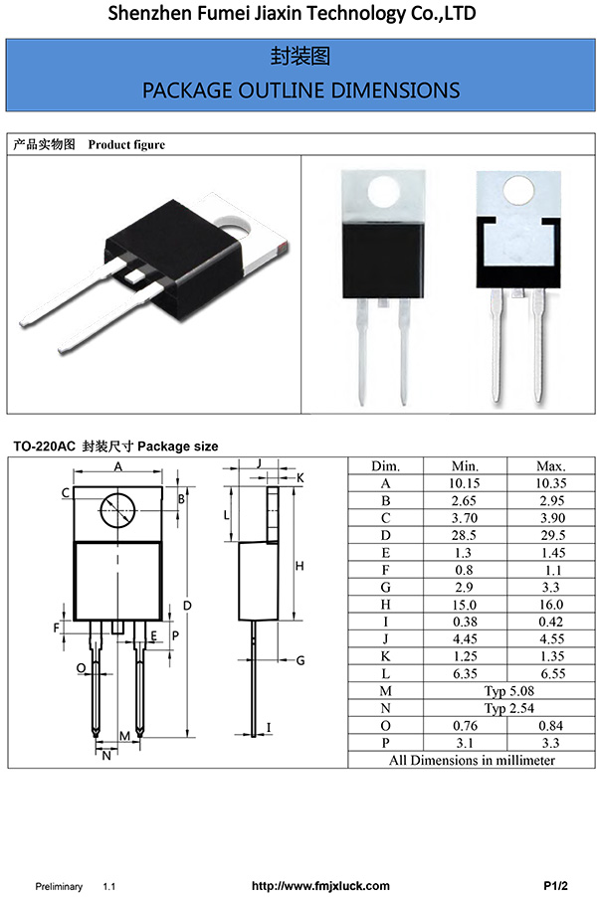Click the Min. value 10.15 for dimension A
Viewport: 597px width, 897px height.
coord(465,483)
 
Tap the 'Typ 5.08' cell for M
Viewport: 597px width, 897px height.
coord(508,690)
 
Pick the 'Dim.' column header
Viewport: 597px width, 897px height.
coord(385,466)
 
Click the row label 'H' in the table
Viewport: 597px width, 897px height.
coord(385,604)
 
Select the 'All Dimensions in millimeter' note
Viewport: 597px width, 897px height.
coord(472,760)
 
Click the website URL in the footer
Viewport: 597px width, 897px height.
coord(320,885)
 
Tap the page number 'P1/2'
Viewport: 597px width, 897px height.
coord(555,885)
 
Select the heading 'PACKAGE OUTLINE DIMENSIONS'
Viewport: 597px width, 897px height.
coord(300,90)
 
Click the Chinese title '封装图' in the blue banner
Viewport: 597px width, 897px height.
coord(300,56)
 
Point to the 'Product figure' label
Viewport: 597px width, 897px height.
coord(126,145)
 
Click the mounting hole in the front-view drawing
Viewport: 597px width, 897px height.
coord(117,511)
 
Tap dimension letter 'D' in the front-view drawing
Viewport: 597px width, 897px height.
coord(186,606)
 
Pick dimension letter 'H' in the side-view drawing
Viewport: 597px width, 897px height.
coord(298,566)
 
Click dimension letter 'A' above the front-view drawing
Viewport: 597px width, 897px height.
coord(117,467)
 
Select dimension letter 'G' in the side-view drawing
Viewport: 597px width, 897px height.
coord(299,660)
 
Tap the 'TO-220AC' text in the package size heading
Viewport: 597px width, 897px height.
coord(43,447)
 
